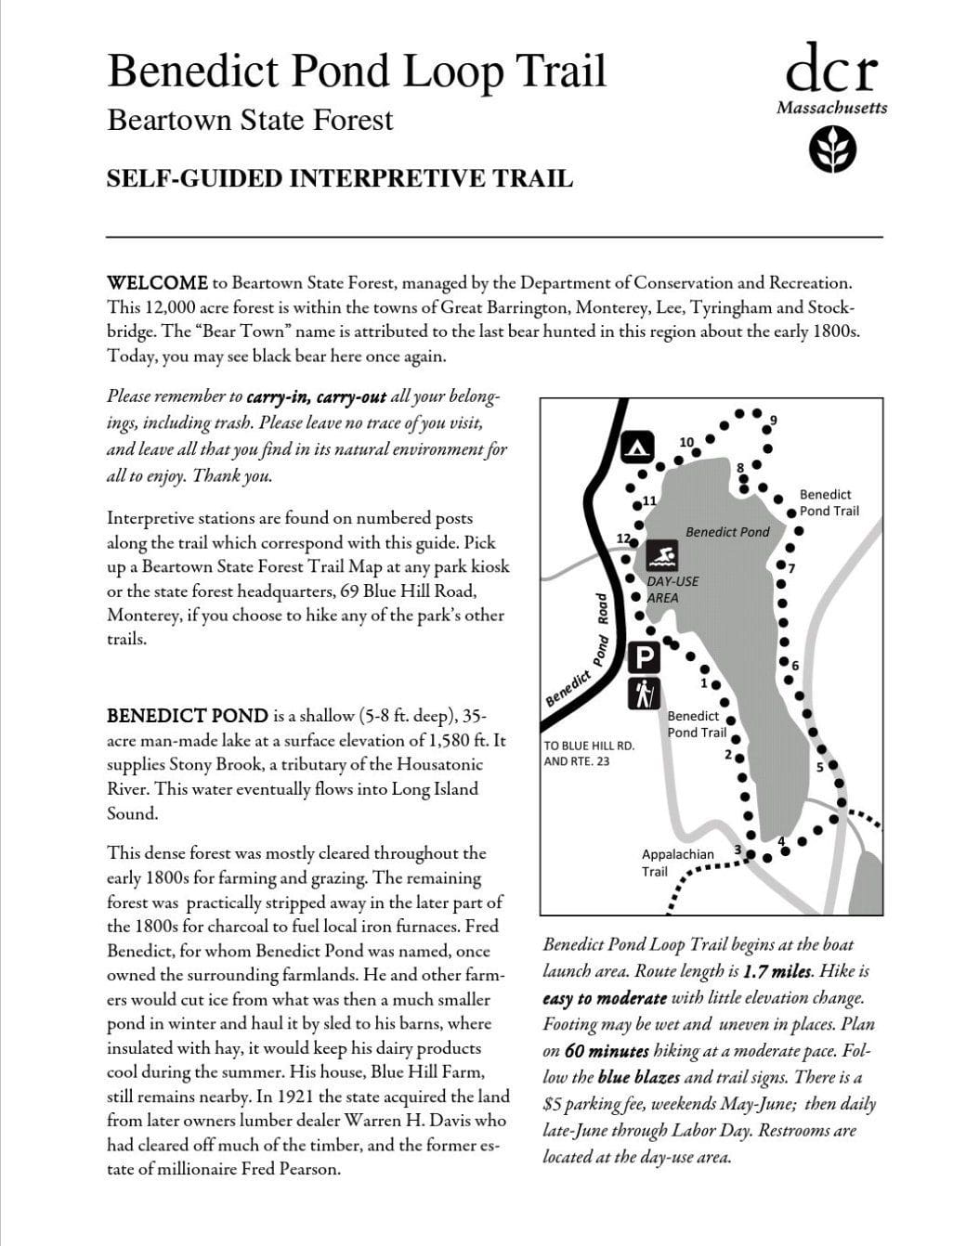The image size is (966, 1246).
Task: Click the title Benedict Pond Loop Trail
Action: [357, 71]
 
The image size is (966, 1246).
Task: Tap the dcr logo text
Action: [831, 69]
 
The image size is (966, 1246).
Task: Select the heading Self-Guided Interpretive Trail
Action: [339, 178]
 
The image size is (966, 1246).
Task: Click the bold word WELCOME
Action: [157, 282]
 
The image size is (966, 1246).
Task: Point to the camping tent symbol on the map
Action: [637, 447]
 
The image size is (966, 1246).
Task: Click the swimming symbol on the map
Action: [662, 556]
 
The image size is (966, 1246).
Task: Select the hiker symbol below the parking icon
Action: [644, 693]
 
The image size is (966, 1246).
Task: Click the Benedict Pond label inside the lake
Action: [727, 532]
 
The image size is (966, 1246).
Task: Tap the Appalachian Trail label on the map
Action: [677, 862]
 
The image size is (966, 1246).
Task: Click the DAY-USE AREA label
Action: [672, 590]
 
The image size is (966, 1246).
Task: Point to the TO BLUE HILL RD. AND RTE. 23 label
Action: [588, 753]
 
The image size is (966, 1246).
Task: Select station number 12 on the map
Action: [623, 539]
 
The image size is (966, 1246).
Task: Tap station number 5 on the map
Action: [819, 767]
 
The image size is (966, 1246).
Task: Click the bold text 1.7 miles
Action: [778, 972]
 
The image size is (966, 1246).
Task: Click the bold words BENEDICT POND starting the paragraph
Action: [187, 716]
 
